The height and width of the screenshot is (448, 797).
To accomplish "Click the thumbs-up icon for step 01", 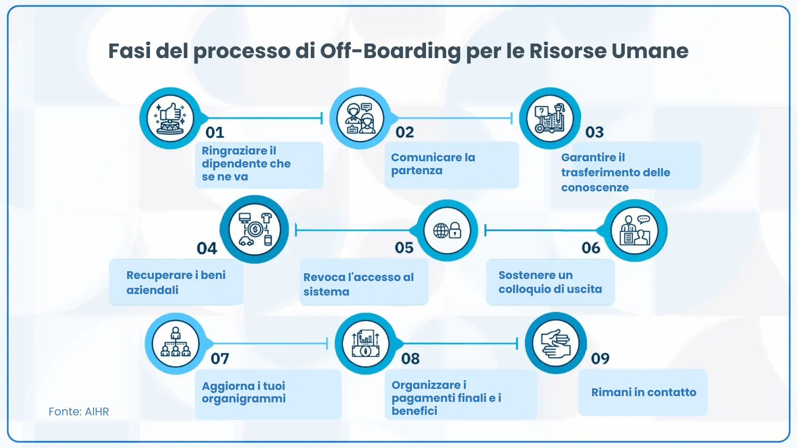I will click(170, 118).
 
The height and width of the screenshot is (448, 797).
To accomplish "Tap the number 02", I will click(405, 132).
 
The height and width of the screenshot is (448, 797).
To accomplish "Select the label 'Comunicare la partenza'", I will click(433, 164).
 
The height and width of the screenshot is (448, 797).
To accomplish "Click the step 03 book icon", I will click(550, 118).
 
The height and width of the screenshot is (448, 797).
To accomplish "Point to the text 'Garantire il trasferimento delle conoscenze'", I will click(615, 172).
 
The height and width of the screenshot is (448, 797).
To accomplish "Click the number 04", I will click(207, 248).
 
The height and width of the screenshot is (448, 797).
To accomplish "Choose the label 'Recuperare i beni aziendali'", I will click(176, 282).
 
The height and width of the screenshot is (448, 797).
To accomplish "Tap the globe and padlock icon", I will click(447, 230).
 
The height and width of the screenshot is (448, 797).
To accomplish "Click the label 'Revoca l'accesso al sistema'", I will click(359, 284).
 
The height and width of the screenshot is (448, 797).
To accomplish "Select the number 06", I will click(590, 248).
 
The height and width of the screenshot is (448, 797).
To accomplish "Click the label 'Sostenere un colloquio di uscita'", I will click(550, 282).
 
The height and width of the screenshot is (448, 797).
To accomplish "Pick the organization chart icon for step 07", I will click(176, 343).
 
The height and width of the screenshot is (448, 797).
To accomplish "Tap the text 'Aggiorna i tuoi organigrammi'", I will click(243, 392).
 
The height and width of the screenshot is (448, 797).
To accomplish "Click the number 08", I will click(410, 358).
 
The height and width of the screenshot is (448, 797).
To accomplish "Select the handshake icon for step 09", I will click(556, 343).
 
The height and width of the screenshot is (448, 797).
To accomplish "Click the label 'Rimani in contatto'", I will click(643, 392).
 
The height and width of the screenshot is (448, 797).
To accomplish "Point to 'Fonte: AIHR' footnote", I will click(79, 412).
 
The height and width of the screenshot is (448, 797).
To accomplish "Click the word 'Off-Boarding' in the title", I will click(390, 51).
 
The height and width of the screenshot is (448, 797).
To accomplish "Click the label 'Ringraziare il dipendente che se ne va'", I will click(246, 164).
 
